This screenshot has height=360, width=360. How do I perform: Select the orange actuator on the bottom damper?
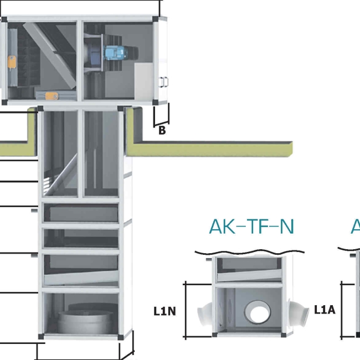click(51, 95)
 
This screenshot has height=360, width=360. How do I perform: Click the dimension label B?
click(162, 131)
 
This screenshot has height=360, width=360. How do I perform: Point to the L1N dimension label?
click(164, 311)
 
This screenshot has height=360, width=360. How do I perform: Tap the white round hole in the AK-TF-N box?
click(258, 313)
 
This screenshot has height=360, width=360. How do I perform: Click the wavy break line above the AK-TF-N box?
click(251, 252)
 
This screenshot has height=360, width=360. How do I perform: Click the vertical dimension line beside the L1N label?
click(184, 310)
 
